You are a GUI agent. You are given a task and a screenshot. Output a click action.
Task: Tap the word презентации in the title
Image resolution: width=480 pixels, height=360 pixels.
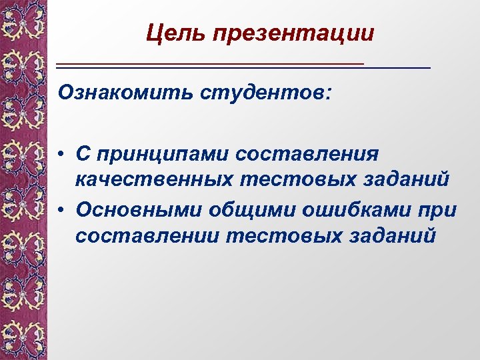click(294, 33)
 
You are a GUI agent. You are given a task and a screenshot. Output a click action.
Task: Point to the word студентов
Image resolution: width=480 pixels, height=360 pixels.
click(261, 91)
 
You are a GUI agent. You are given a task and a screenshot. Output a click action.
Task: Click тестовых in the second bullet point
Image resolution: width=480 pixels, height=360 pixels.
click(274, 236)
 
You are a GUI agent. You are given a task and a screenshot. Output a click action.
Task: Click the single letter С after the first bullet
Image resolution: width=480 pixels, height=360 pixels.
click(83, 154)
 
